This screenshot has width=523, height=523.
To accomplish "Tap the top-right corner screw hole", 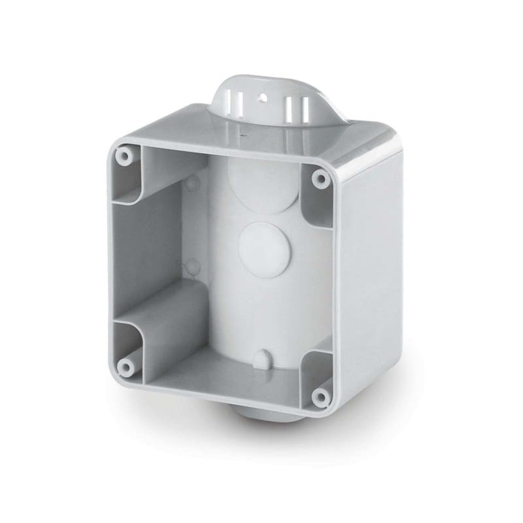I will pos(318,177).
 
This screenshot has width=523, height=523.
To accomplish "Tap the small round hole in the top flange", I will pos(265,99).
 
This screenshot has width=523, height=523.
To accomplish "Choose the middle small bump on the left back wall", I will pos(191,265).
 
